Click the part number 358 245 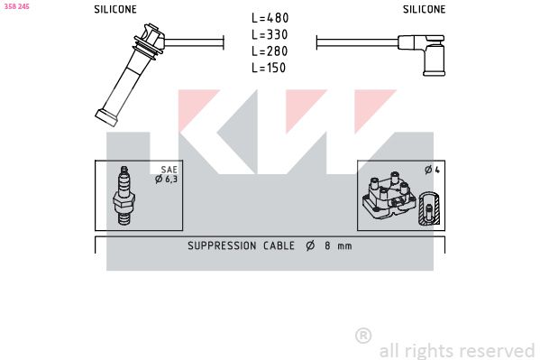click(16, 6)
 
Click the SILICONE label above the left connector click(115, 9)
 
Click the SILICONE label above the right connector click(424, 9)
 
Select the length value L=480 click(270, 18)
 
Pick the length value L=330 click(270, 34)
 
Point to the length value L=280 click(270, 51)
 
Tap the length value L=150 click(269, 68)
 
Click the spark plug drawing click(124, 196)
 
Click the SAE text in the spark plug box click(169, 170)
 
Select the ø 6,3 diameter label click(167, 179)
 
